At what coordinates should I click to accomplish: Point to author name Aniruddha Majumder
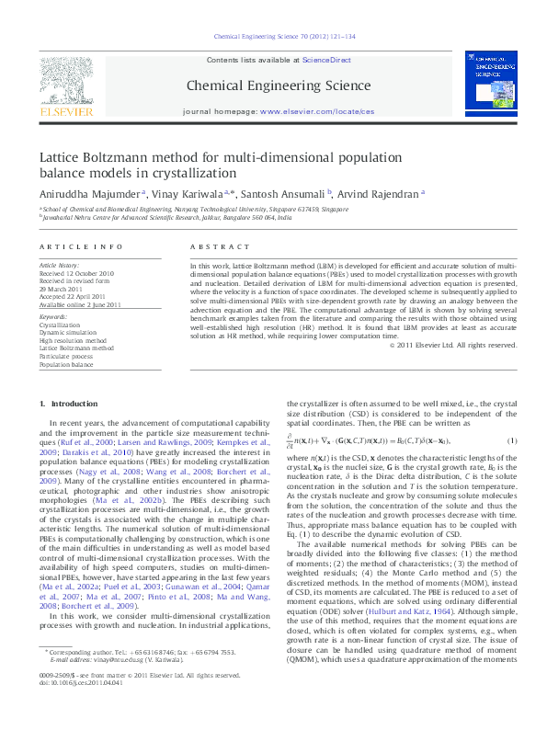(x=89, y=194)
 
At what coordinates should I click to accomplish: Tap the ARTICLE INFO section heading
(x=80, y=247)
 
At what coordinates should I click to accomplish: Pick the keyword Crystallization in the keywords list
(x=60, y=325)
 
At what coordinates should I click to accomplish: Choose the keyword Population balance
(x=65, y=364)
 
